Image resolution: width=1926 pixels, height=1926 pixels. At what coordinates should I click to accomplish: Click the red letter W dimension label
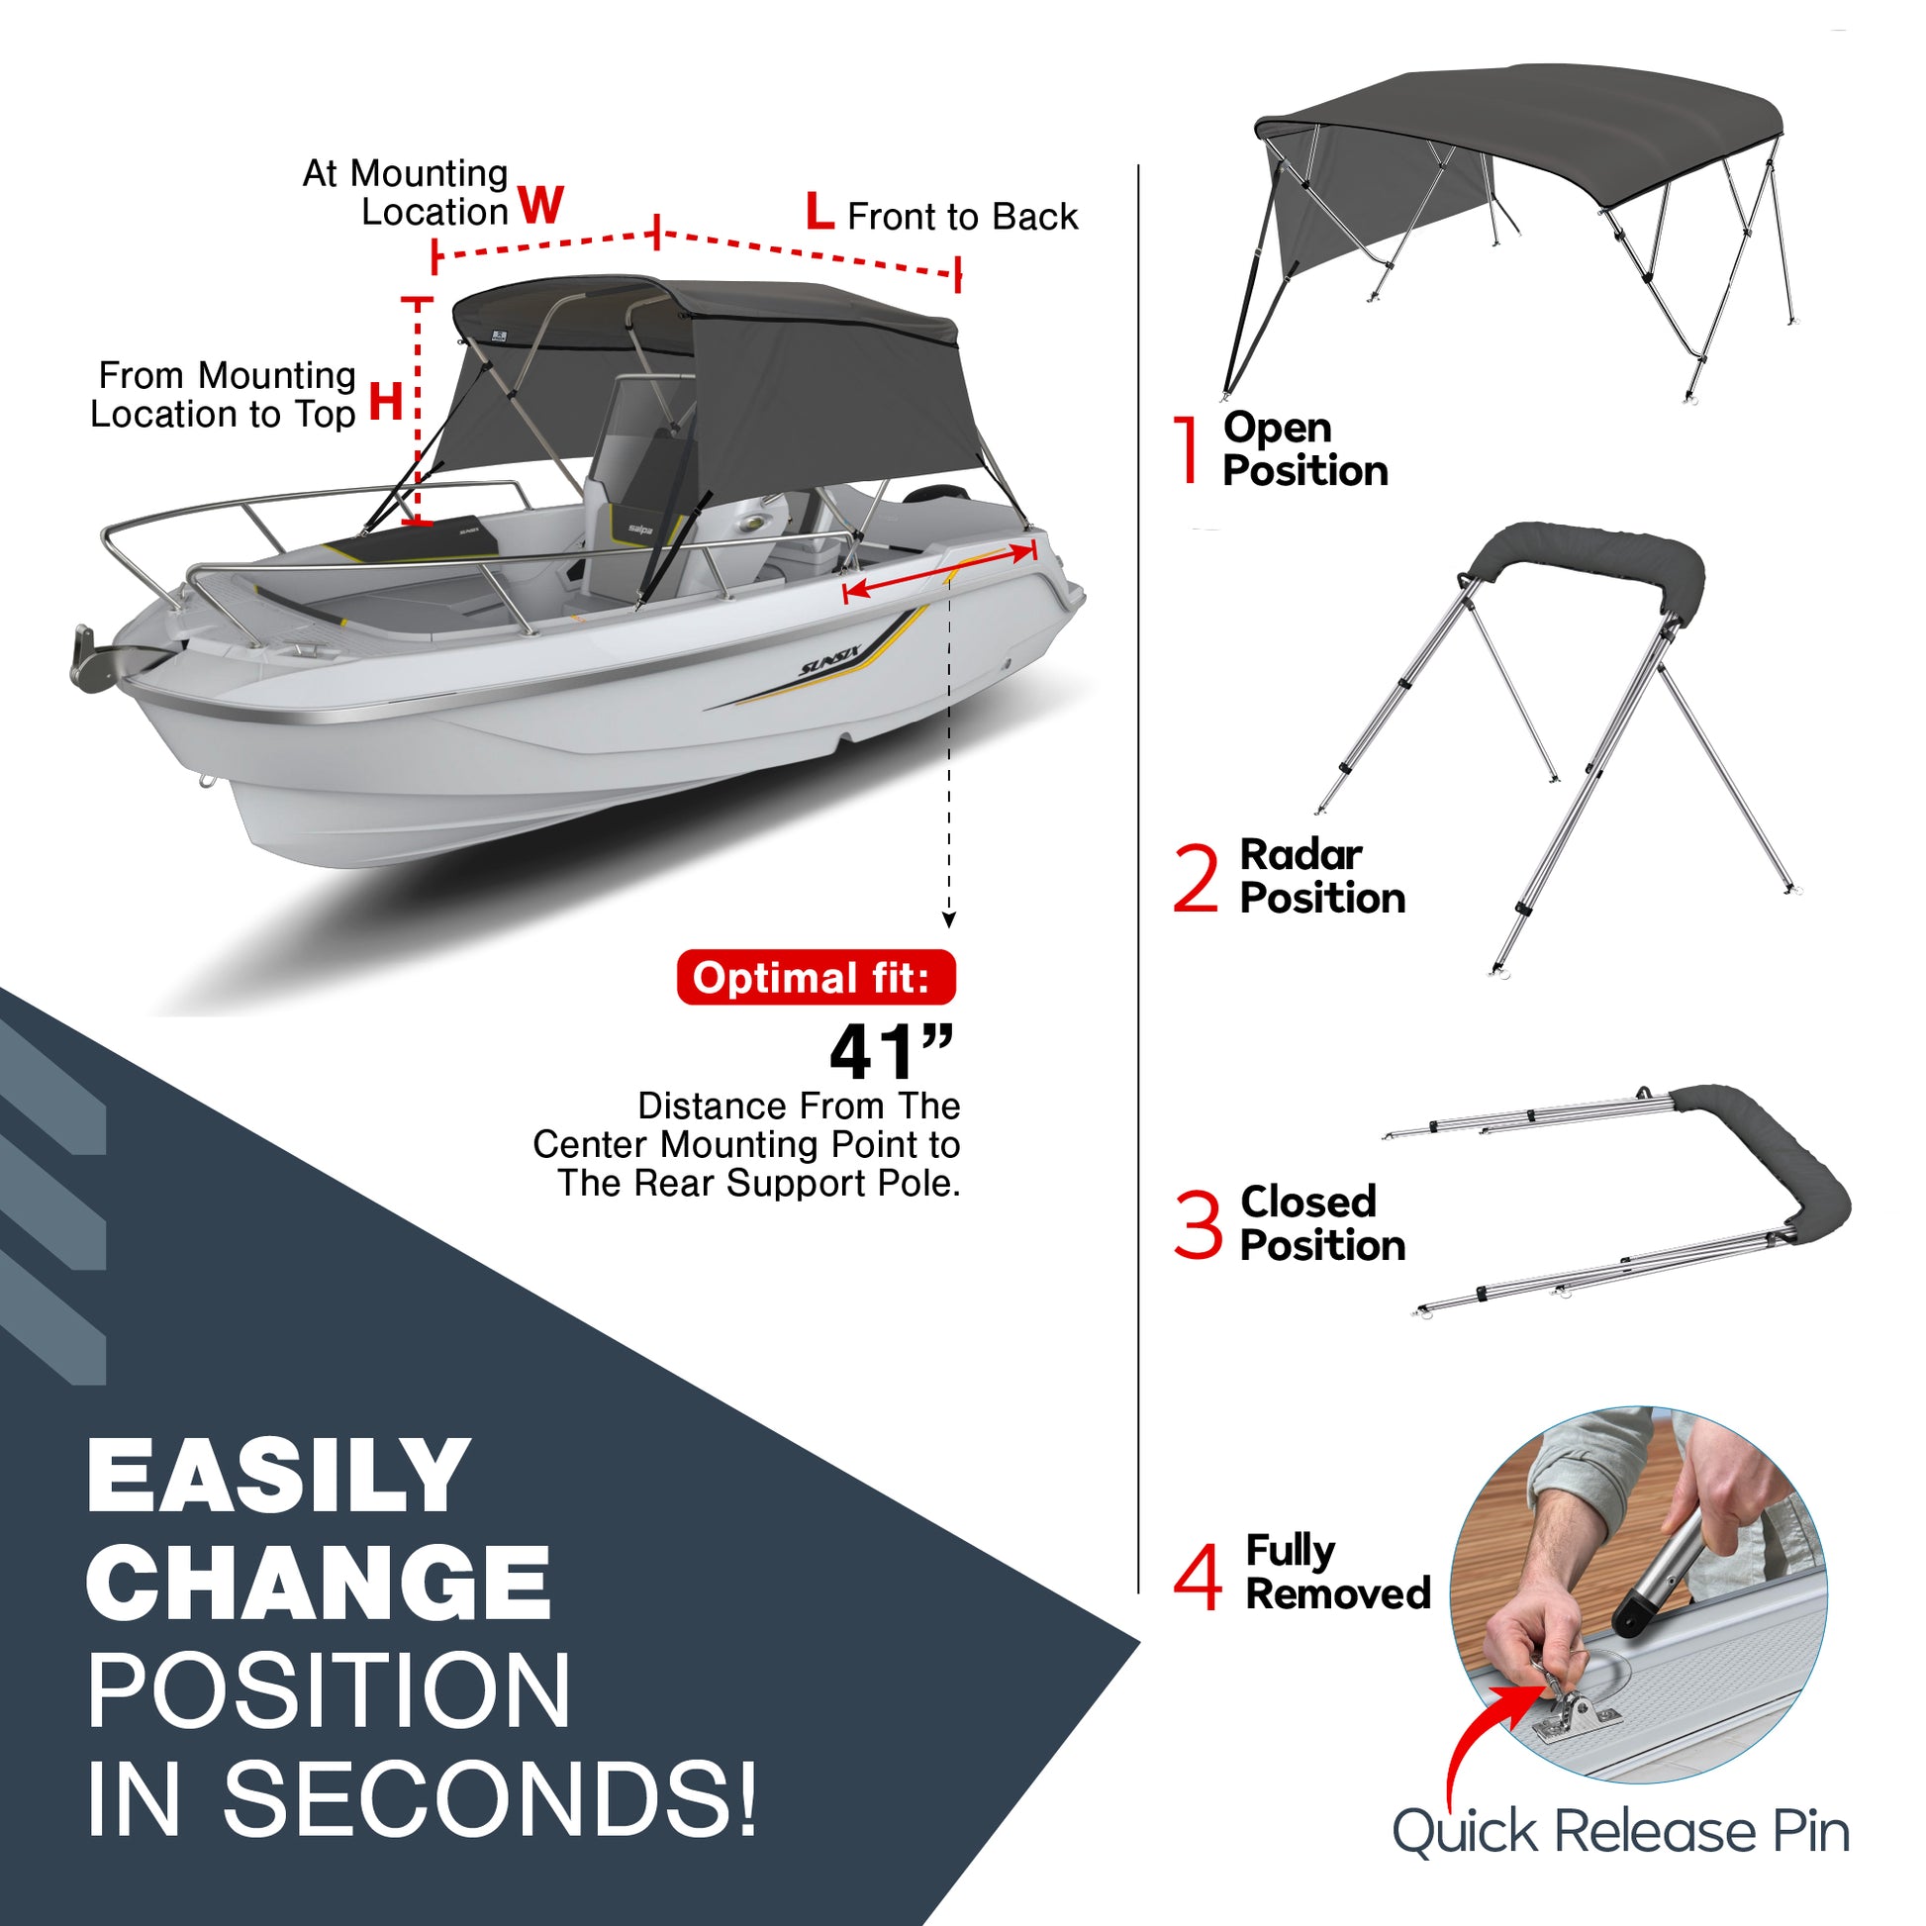pos(541,205)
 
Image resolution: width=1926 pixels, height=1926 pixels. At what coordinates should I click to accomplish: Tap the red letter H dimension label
pos(386,402)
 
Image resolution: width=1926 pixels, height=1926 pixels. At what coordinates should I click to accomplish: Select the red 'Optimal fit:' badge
pos(816,978)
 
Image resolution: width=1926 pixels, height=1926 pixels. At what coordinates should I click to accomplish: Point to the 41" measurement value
pos(890,1052)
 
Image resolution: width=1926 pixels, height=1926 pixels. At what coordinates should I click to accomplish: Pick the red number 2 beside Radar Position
pos(1197,877)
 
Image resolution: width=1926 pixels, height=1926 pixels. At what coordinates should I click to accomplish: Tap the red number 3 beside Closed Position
pos(1198,1224)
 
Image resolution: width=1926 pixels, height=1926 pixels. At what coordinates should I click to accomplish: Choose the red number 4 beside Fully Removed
pos(1198,1577)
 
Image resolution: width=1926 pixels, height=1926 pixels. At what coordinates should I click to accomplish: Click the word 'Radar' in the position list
pos(1300,854)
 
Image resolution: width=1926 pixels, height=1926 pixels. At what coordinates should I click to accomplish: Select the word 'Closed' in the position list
pos(1308,1202)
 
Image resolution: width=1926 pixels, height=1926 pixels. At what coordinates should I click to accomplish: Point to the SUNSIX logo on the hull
pos(828,662)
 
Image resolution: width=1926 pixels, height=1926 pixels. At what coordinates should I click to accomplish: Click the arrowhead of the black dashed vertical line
pos(949,920)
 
